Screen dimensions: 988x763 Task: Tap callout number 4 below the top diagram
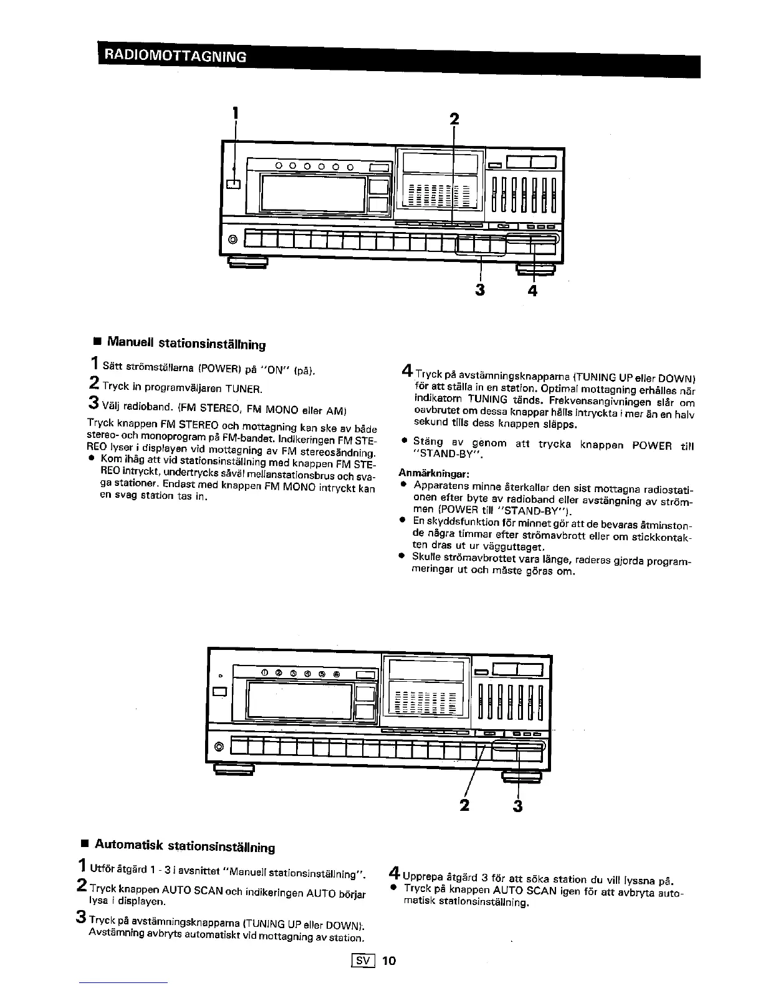pos(532,291)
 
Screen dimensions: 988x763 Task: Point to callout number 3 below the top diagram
pos(481,291)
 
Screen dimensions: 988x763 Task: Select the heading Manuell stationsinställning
pos(186,343)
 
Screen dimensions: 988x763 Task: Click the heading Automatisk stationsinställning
pos(184,846)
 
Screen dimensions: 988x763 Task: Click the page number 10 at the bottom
pos(389,961)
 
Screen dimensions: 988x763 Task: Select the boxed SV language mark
pos(363,961)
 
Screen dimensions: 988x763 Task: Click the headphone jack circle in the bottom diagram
pos(218,747)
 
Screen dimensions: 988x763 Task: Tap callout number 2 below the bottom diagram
pos(464,805)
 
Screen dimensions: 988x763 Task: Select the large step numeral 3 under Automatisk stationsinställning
pos(80,918)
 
